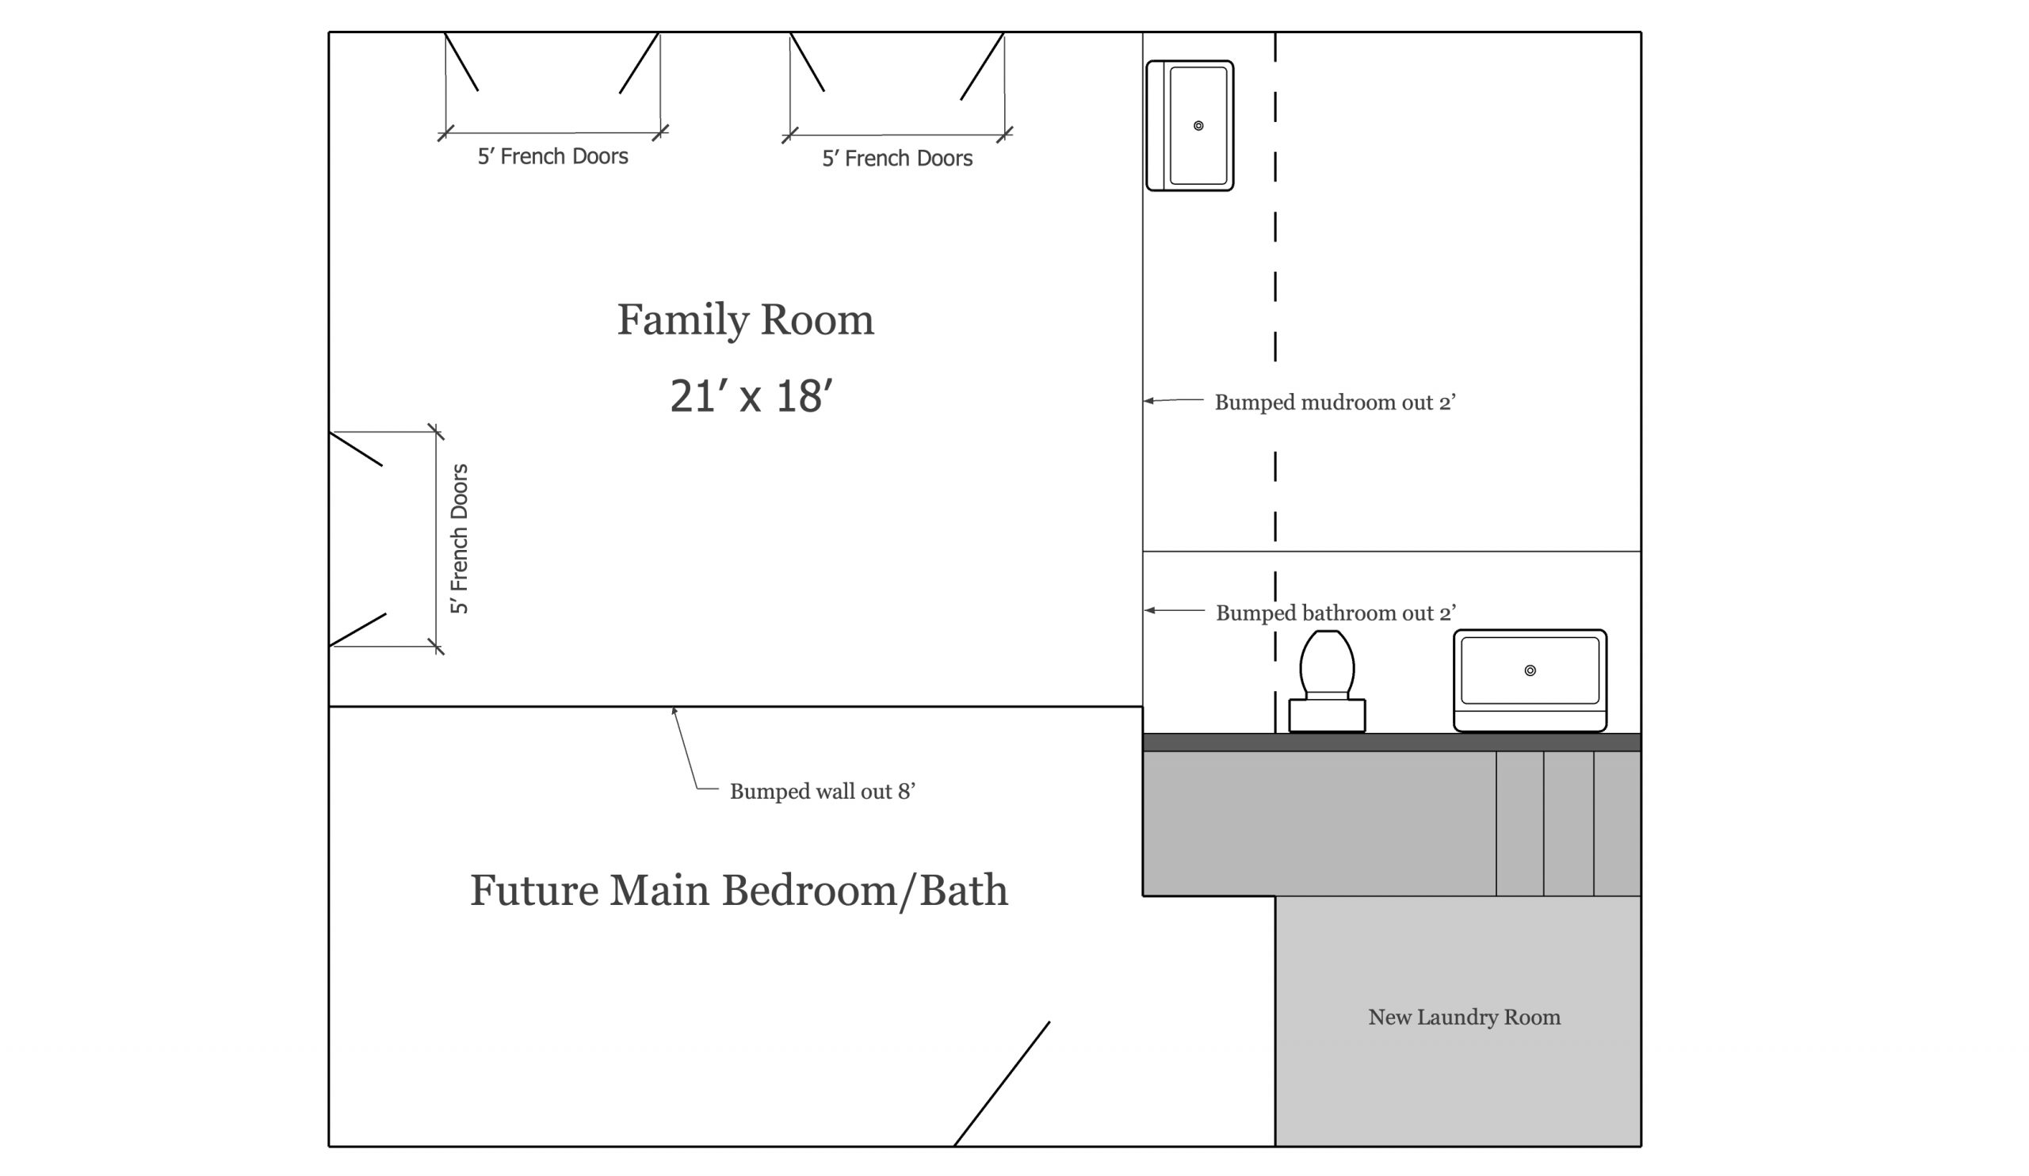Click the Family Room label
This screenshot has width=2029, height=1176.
click(x=745, y=320)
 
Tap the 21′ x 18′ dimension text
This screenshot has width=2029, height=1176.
click(x=751, y=396)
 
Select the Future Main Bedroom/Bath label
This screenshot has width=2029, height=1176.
click(x=739, y=891)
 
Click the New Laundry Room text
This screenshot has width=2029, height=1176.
click(x=1464, y=1018)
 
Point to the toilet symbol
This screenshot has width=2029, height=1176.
click(x=1327, y=681)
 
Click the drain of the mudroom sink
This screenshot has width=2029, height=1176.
click(x=1198, y=125)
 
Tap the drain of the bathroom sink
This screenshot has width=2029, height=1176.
click(x=1530, y=670)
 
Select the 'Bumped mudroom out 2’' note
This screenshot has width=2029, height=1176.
click(x=1335, y=403)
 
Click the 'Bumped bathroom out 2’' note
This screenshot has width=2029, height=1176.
click(x=1335, y=613)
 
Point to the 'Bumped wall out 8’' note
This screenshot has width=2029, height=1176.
click(x=822, y=792)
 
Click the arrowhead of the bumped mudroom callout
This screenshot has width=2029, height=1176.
click(x=1148, y=400)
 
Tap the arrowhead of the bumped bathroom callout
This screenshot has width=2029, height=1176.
click(x=1149, y=610)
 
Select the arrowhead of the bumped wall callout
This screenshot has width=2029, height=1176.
click(x=674, y=710)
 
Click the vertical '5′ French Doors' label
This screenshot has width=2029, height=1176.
click(x=459, y=539)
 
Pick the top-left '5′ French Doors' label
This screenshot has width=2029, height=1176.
click(x=552, y=156)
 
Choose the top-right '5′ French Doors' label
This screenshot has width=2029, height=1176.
click(x=897, y=158)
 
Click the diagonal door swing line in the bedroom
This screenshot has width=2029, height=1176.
click(x=1002, y=1083)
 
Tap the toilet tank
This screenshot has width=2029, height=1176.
click(x=1327, y=716)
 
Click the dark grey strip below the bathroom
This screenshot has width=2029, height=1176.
click(x=1391, y=743)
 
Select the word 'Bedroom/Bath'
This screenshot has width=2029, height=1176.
click(x=865, y=891)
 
